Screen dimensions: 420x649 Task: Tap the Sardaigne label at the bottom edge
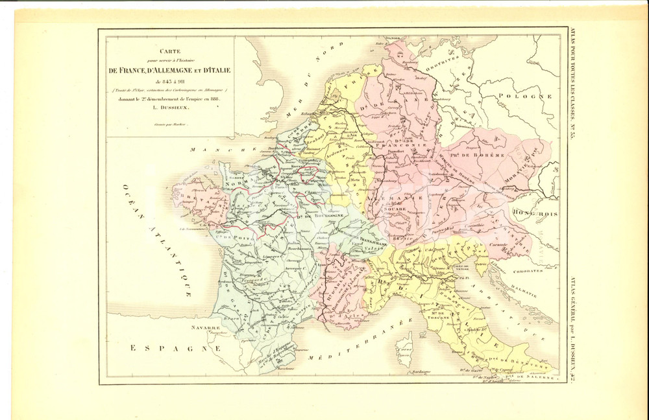[x=419, y=373]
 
